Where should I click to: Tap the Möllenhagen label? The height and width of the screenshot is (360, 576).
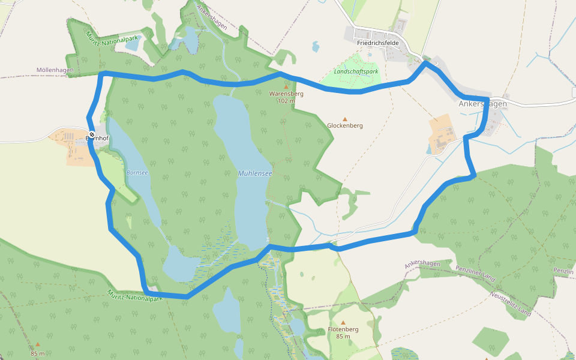(55, 70)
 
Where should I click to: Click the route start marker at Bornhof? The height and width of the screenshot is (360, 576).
(91, 134)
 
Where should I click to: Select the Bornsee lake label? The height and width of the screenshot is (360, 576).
(137, 172)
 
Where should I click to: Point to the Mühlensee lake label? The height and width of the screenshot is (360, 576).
(255, 173)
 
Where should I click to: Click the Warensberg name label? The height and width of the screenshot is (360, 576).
(286, 94)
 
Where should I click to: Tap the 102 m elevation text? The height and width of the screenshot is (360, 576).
(286, 101)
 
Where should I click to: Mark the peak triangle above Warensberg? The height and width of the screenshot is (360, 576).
(286, 86)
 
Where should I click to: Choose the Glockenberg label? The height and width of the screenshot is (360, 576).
(345, 126)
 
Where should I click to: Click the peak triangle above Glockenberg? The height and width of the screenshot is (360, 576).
(345, 119)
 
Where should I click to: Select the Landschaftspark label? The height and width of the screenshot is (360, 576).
(356, 71)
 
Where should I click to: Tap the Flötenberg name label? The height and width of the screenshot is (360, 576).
(343, 329)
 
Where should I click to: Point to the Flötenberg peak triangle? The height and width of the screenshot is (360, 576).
(343, 322)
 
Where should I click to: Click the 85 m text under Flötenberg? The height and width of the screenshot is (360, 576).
(343, 337)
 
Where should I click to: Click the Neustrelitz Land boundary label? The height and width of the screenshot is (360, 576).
(511, 304)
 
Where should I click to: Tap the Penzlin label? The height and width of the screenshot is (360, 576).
(563, 271)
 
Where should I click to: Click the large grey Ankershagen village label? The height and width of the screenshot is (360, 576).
(482, 104)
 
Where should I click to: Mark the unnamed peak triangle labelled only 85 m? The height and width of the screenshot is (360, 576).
(38, 344)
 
